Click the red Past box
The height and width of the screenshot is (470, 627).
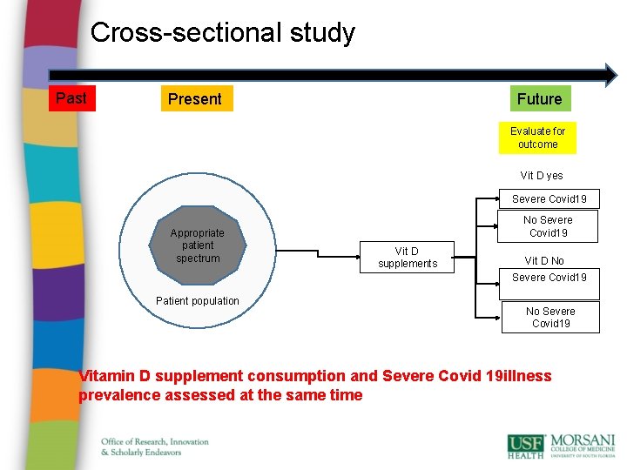click(71, 98)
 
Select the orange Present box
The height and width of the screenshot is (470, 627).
click(195, 99)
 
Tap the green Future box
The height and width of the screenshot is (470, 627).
click(539, 99)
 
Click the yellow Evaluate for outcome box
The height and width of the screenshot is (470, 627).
click(537, 138)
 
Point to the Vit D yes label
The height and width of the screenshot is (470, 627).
click(542, 176)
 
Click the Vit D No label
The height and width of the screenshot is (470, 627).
click(544, 261)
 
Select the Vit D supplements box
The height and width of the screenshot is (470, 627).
click(408, 258)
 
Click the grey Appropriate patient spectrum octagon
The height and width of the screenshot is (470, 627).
click(198, 245)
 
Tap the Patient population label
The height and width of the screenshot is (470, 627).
click(197, 301)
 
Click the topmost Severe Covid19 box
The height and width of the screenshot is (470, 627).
click(549, 199)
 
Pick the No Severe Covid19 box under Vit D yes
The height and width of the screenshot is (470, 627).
click(548, 226)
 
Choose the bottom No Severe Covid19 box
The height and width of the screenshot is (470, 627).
click(550, 317)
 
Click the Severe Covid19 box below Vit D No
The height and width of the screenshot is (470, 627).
click(549, 278)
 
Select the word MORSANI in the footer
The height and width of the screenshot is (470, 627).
click(583, 440)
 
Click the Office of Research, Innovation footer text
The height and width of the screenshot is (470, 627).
click(155, 441)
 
